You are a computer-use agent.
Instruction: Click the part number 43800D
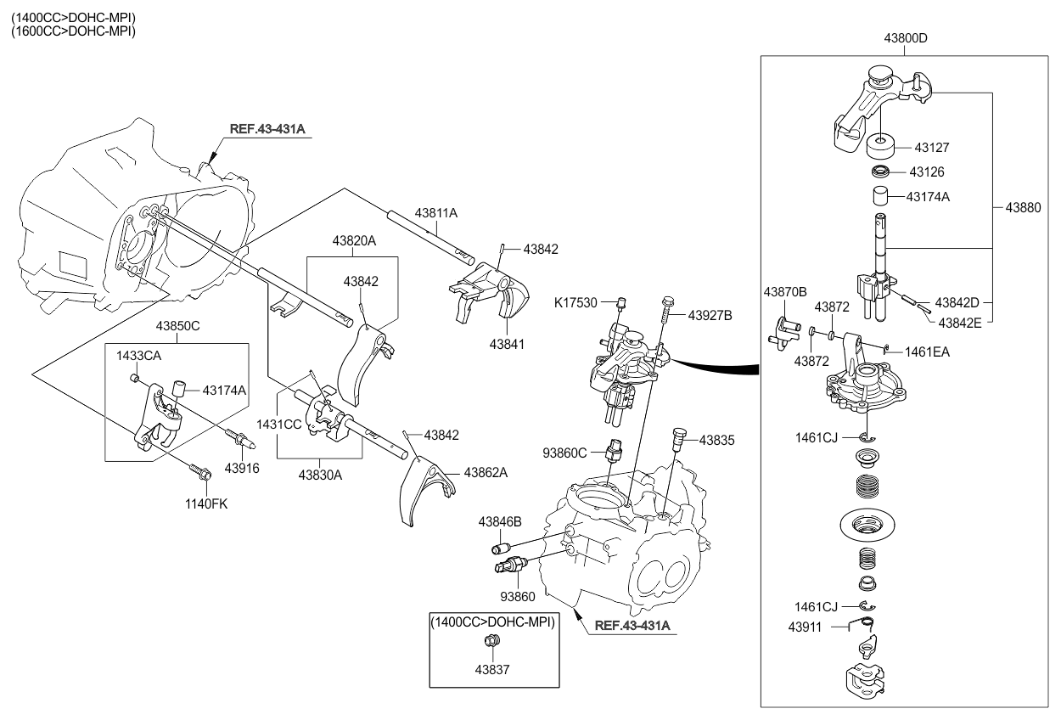905,39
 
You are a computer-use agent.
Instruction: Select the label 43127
932,148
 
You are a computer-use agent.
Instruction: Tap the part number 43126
927,172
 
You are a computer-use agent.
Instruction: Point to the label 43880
1024,206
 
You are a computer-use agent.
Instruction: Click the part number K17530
576,301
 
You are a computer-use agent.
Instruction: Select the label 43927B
710,315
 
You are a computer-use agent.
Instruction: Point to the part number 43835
716,441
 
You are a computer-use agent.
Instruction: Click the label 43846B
499,520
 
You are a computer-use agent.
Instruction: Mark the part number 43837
492,670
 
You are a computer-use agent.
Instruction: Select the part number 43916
242,468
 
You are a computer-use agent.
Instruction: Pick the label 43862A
486,472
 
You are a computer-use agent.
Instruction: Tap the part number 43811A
436,212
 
